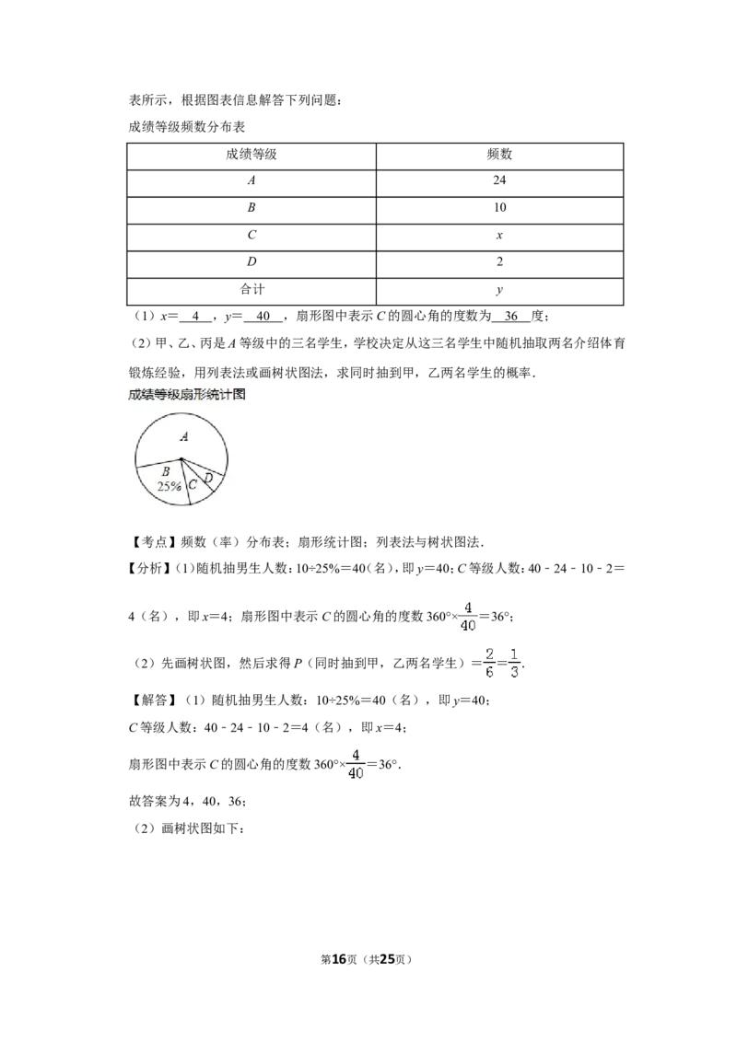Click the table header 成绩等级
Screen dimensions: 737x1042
pos(251,154)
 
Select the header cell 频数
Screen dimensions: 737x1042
pos(499,154)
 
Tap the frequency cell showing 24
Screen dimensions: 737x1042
pos(499,180)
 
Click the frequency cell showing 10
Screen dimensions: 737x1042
pos(499,207)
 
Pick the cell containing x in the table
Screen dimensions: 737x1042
pos(499,236)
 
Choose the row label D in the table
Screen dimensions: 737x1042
pos(252,261)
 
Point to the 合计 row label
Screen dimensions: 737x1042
pos(252,289)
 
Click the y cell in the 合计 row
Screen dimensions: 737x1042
pos(499,290)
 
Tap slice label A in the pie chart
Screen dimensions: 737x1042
pos(184,436)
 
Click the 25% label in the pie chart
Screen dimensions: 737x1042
pos(169,486)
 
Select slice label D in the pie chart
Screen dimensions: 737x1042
pos(208,479)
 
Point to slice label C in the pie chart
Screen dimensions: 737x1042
pos(193,484)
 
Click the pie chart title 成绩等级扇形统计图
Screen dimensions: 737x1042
pos(187,394)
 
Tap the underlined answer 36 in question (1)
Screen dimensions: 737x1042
pos(511,317)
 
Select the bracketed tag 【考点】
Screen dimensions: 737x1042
pos(152,542)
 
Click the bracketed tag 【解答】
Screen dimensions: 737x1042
pos(152,700)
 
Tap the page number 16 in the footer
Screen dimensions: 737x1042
pos(339,959)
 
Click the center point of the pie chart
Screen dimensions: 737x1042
pos(181,458)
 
